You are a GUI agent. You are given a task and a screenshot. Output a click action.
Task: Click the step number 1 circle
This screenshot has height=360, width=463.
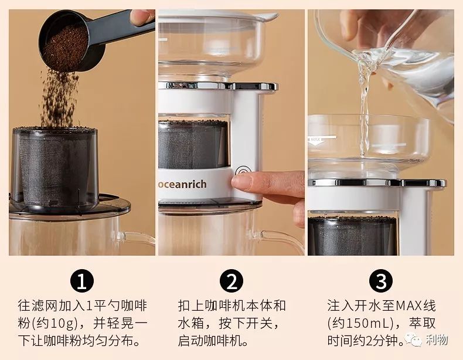click(82, 282)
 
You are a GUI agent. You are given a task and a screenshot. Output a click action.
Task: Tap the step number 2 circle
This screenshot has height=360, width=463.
click(231, 282)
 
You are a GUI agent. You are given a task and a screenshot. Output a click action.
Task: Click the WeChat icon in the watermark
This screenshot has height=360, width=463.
click(415, 341)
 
